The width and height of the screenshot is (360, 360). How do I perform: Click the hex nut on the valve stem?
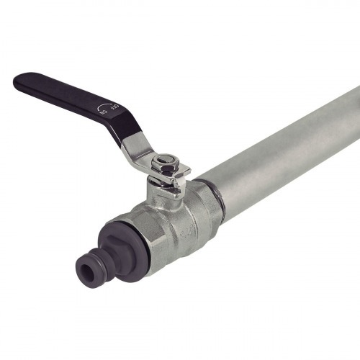[166, 165]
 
